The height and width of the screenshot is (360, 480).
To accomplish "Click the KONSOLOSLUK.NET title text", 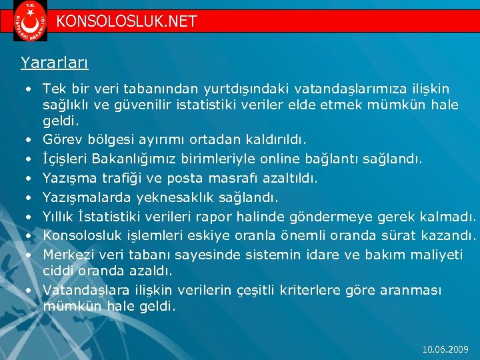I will tap(127, 21).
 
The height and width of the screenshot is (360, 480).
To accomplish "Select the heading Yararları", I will tap(55, 63).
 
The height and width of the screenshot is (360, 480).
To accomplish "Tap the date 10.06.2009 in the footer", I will tap(446, 349).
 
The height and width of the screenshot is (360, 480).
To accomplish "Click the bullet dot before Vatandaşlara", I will tap(29, 291).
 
